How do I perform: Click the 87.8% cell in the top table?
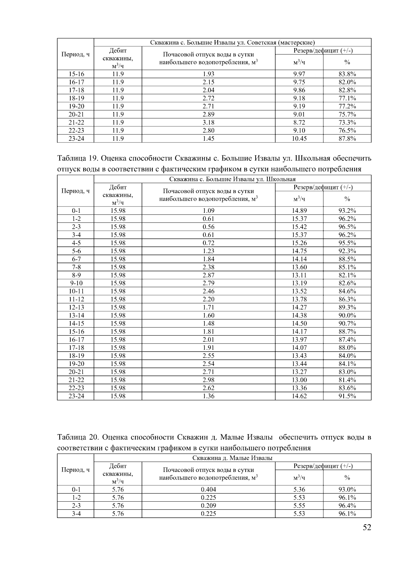click(x=347, y=138)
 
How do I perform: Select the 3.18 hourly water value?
click(x=208, y=122)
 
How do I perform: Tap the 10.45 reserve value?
click(x=299, y=138)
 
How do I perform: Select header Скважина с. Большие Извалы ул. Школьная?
click(x=232, y=179)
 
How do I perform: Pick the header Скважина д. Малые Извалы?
click(x=232, y=458)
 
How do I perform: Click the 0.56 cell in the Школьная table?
click(x=208, y=227)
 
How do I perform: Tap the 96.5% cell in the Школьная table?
click(x=347, y=227)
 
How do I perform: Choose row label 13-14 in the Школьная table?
click(x=76, y=316)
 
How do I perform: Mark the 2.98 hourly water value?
click(x=208, y=380)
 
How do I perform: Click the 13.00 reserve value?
click(x=299, y=380)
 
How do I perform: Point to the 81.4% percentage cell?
click(x=347, y=380)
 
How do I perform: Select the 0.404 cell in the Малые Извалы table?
click(x=208, y=490)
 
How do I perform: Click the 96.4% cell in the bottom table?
click(x=347, y=506)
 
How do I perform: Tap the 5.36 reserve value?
click(x=299, y=490)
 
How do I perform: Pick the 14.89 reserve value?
click(x=299, y=211)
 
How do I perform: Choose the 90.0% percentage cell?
click(x=347, y=316)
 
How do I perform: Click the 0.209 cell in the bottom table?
click(x=208, y=506)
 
